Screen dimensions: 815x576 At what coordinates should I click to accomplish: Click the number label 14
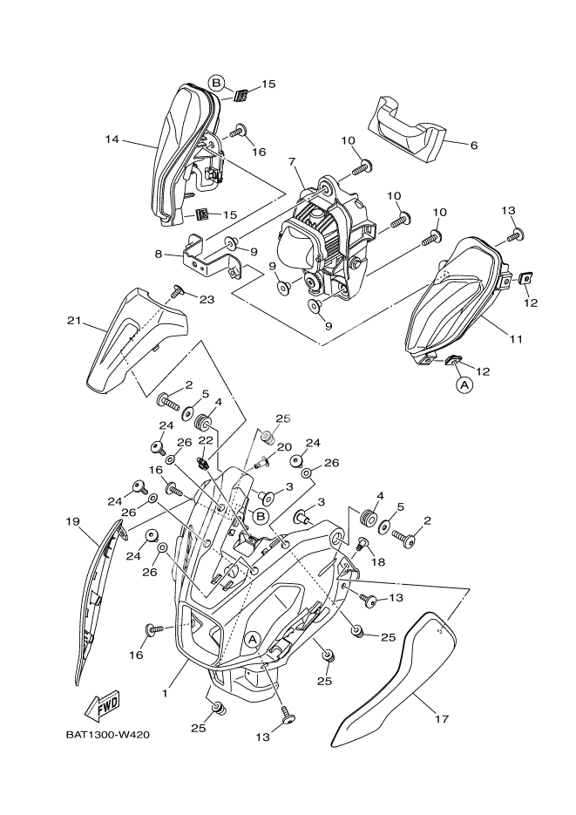pos(112,139)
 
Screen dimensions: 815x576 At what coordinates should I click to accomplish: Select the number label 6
pos(473,146)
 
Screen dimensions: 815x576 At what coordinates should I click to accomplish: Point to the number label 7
pos(291,161)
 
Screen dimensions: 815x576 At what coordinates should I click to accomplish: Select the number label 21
pos(74,322)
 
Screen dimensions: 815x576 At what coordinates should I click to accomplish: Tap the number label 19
pos(72,521)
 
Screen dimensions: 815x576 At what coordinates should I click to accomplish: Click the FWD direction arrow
pos(102,704)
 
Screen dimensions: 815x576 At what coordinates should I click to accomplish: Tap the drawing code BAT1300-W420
pos(107,735)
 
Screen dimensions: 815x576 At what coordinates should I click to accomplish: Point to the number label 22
pos(206,439)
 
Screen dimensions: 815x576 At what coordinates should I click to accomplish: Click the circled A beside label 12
pos(464,383)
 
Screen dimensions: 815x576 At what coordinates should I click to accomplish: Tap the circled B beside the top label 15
pos(217,84)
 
